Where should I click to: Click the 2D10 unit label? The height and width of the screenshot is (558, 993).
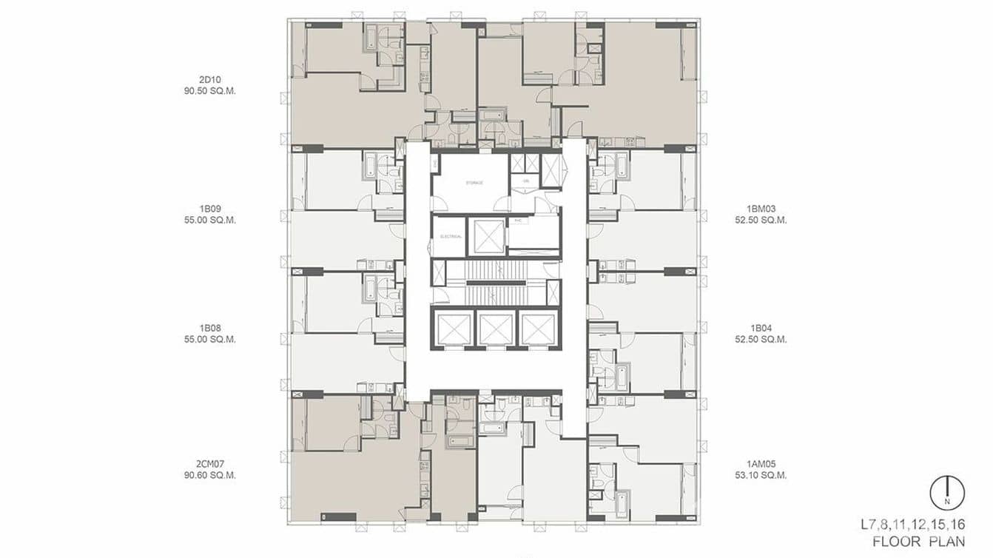coord(209,78)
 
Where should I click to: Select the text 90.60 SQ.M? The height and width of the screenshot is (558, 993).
coord(209,475)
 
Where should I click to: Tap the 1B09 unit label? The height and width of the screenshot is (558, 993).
coord(209,209)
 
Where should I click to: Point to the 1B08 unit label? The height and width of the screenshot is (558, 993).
coord(209,328)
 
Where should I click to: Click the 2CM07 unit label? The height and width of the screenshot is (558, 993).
coord(209,463)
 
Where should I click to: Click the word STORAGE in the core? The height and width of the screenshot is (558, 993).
coord(474,182)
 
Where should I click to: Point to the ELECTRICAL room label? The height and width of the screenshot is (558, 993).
coord(451,237)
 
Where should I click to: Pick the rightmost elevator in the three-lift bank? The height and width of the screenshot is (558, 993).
coord(538,329)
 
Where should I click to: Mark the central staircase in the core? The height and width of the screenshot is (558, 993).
coord(496,283)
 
